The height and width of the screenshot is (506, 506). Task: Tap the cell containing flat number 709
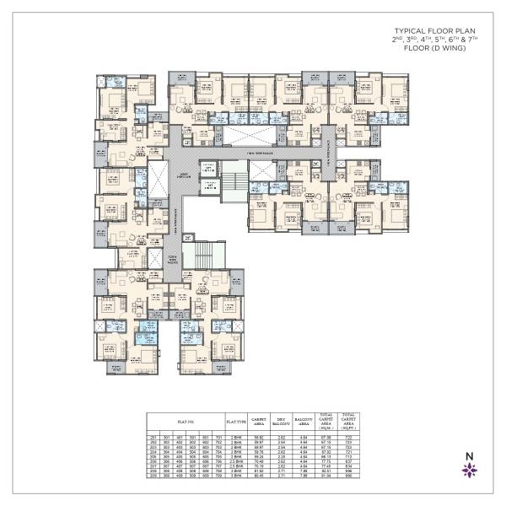pos(215,479)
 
